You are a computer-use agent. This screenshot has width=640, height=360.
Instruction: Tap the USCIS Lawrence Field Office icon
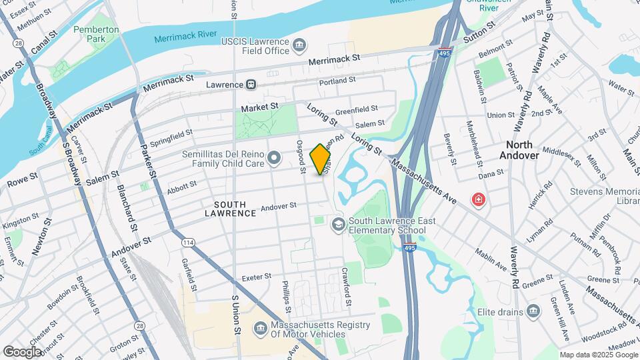tap(300, 46)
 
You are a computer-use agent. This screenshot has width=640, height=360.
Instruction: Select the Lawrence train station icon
tap(251, 85)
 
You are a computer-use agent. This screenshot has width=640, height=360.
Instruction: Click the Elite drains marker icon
tap(533, 311)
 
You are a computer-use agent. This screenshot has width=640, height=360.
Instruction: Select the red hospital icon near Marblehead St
tap(478, 199)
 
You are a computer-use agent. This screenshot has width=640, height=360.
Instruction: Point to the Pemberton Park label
tap(96, 34)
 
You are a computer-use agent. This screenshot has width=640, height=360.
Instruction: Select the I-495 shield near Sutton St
tap(443, 51)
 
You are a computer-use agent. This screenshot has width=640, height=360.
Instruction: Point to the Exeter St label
tap(257, 277)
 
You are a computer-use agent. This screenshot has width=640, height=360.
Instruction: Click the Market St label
tap(259, 107)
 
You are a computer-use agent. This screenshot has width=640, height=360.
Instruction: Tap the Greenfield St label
tap(356, 109)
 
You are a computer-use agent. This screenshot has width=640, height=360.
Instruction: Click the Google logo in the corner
tap(22, 351)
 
